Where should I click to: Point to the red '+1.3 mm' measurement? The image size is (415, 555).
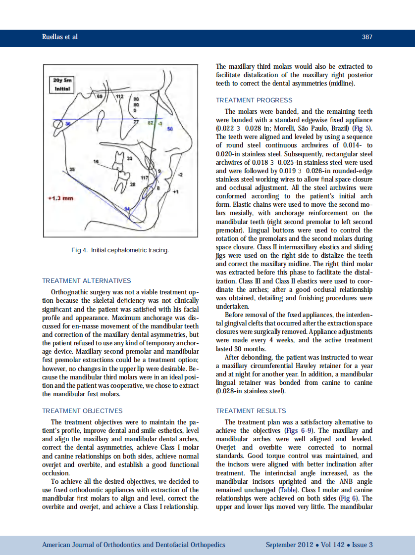click(x=61, y=198)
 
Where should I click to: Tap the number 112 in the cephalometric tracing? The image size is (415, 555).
click(x=119, y=96)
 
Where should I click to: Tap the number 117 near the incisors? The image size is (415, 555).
click(x=145, y=177)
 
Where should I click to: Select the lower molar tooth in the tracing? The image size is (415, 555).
click(x=122, y=182)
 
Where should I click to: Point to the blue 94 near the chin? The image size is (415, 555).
click(x=126, y=209)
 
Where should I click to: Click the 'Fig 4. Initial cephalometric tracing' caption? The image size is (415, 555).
click(x=120, y=250)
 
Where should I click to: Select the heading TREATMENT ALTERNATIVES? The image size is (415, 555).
click(x=87, y=281)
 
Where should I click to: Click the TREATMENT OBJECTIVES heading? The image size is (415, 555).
click(x=82, y=411)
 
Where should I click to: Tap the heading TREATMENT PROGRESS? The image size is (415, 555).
click(x=254, y=100)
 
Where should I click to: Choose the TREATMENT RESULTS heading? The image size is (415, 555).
click(x=251, y=411)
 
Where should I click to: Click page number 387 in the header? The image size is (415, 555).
click(x=367, y=37)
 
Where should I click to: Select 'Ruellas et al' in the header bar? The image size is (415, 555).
click(x=60, y=37)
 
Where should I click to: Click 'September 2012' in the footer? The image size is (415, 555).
click(x=289, y=545)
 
